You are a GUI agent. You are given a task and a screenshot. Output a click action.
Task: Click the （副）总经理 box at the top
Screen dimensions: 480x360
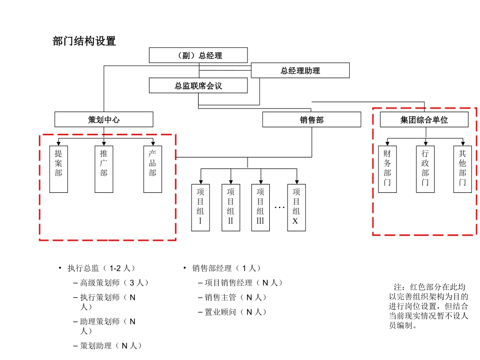tap(199, 56)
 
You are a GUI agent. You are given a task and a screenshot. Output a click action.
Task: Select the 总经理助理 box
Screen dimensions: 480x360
tap(300, 70)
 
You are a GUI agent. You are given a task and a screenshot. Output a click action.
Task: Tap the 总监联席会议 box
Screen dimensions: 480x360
tap(199, 85)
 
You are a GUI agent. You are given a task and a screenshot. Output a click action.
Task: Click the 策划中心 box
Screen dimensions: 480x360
tap(104, 119)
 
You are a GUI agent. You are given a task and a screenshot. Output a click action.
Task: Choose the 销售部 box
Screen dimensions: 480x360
tap(312, 119)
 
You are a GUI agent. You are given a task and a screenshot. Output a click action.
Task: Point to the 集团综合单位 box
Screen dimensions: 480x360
tap(424, 119)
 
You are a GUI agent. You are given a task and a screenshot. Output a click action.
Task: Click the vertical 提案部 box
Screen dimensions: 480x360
tap(59, 169)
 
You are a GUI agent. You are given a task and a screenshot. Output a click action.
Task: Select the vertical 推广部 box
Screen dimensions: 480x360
tap(104, 169)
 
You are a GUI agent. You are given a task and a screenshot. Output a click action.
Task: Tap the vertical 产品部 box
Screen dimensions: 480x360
tap(153, 169)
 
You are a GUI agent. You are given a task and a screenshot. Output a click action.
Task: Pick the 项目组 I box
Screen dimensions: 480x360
tap(201, 208)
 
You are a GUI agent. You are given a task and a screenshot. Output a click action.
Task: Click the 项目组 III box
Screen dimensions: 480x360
tap(261, 208)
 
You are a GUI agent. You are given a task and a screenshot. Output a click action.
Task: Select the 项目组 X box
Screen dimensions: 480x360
tap(296, 208)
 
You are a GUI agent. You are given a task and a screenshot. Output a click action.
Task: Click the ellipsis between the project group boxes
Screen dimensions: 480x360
tap(279, 208)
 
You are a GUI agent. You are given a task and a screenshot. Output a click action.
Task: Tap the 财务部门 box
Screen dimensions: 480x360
tap(387, 169)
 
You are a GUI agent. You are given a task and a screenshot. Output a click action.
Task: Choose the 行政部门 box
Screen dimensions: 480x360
tap(425, 169)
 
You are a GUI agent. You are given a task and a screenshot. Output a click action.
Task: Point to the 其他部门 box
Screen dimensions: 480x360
tap(462, 169)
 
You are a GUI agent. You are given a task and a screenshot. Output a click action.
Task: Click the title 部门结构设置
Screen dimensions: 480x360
tap(84, 41)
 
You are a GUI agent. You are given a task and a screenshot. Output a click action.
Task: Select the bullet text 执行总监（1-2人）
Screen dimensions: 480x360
tap(102, 268)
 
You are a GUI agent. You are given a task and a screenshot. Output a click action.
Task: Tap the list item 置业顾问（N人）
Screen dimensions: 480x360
tap(235, 312)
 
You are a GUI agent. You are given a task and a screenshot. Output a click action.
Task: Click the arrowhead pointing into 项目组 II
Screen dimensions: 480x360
tap(231, 182)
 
